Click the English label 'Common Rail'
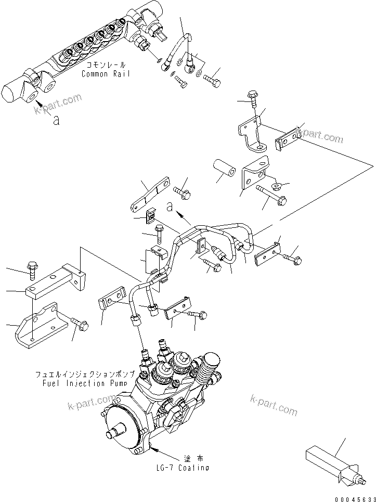pyautogui.click(x=105, y=74)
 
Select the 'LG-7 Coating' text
pyautogui.click(x=182, y=467)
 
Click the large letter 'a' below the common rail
pyautogui.click(x=56, y=120)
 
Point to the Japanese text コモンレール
pyautogui.click(x=106, y=66)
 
